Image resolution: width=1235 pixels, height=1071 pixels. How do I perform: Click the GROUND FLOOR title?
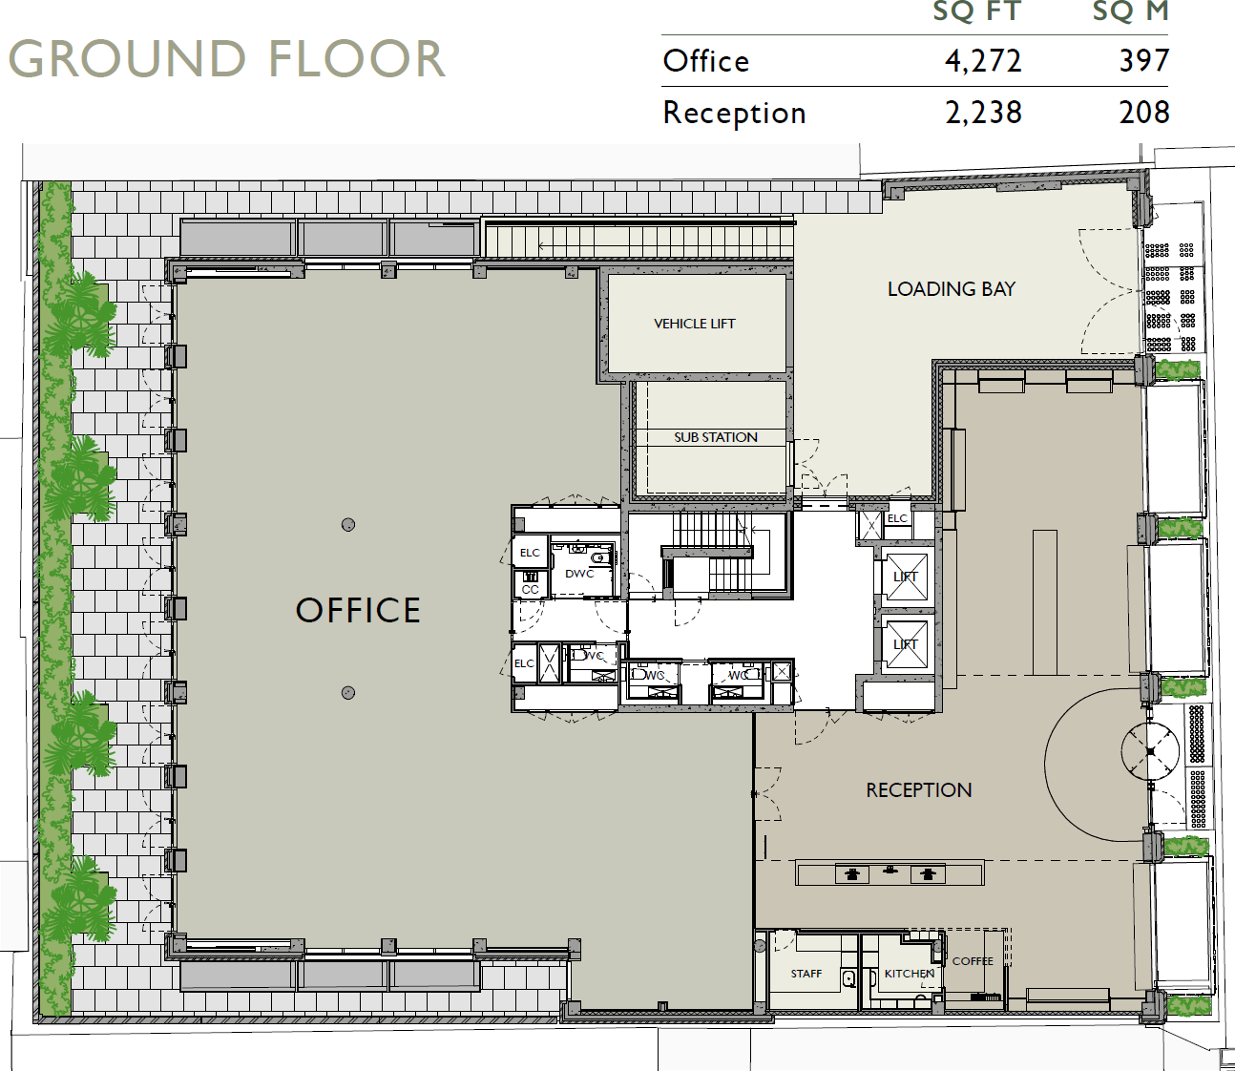pyautogui.click(x=227, y=59)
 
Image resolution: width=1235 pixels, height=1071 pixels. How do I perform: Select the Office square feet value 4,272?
pyautogui.click(x=982, y=61)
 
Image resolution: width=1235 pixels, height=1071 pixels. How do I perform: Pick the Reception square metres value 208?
pyautogui.click(x=1143, y=113)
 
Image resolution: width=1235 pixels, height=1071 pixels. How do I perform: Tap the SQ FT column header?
pyautogui.click(x=976, y=12)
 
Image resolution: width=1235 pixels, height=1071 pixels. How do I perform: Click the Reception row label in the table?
pyautogui.click(x=734, y=113)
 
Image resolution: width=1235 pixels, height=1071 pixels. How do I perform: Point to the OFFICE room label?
pyautogui.click(x=358, y=611)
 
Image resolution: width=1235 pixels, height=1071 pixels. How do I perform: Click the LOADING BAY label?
pyautogui.click(x=951, y=289)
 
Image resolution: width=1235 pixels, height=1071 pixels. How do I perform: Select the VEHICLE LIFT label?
pyautogui.click(x=694, y=324)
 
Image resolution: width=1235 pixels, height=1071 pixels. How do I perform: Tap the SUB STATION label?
pyautogui.click(x=715, y=437)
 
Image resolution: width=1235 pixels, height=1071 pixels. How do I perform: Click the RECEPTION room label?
pyautogui.click(x=918, y=790)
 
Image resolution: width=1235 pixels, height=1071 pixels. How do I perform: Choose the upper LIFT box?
pyautogui.click(x=906, y=577)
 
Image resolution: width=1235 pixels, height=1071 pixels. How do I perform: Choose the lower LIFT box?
pyautogui.click(x=906, y=644)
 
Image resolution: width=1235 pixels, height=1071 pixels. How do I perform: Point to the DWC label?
pyautogui.click(x=579, y=574)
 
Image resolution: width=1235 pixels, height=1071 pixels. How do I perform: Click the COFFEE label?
pyautogui.click(x=973, y=961)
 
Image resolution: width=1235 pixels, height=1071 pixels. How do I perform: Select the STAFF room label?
pyautogui.click(x=806, y=974)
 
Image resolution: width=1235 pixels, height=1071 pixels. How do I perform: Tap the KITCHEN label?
pyautogui.click(x=909, y=974)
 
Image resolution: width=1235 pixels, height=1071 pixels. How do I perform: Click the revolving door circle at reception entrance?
pyautogui.click(x=1150, y=751)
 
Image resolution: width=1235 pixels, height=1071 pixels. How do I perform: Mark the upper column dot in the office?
pyautogui.click(x=348, y=524)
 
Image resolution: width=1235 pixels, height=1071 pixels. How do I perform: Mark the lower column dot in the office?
pyautogui.click(x=348, y=693)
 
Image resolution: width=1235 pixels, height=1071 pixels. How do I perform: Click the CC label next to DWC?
pyautogui.click(x=530, y=589)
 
